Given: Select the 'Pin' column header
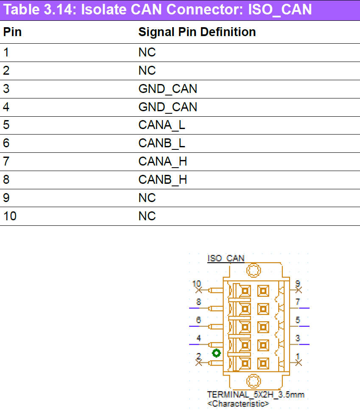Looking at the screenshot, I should coord(12,32).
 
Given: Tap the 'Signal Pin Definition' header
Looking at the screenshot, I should coord(197,32).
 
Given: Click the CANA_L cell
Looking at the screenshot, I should coord(162,125).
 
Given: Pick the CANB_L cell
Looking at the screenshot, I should coord(162,143).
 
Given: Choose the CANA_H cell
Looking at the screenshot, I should coord(162,162).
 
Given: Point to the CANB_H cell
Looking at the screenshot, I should coord(162,180).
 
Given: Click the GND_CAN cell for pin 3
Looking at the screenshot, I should coord(167,89).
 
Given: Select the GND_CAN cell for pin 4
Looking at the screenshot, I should coord(167,107).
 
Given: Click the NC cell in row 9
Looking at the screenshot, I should coord(147,198).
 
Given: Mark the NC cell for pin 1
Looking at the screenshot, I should coord(147,52).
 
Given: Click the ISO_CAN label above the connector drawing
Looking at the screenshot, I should coord(226,258).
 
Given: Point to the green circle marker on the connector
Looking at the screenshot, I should coord(217,353).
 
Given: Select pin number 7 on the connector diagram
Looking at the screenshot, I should coord(298,302).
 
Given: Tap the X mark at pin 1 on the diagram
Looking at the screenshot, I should coord(298,363).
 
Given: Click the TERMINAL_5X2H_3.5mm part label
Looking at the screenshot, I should coord(255,395).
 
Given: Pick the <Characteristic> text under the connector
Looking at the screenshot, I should coord(238,403).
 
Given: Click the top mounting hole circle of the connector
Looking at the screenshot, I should coord(254,270).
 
